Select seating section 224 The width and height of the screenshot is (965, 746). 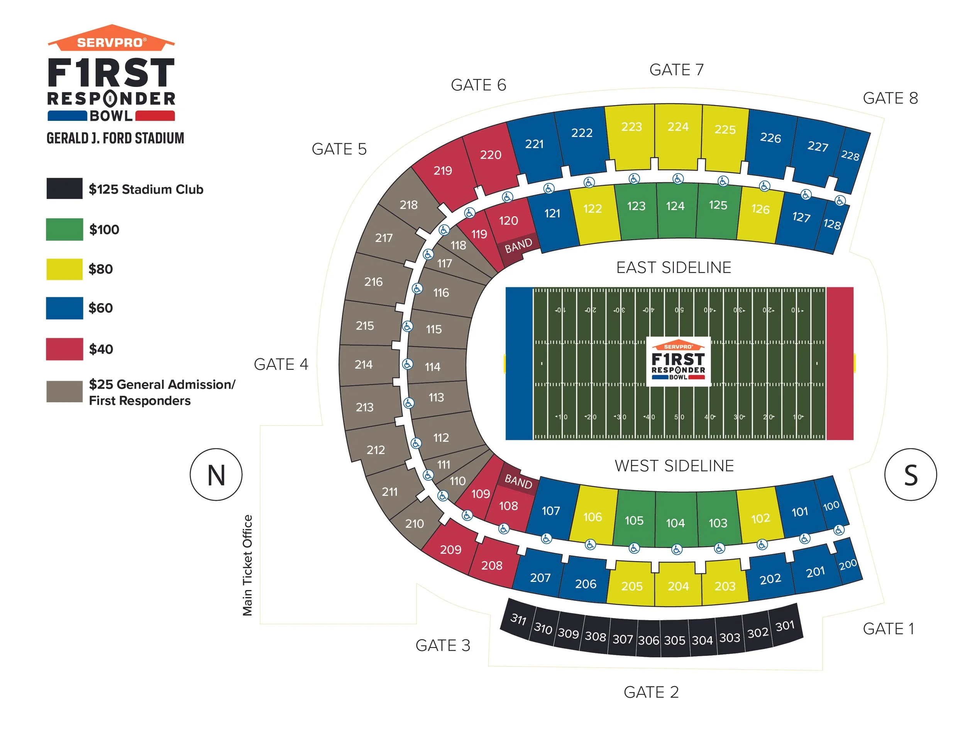(678, 132)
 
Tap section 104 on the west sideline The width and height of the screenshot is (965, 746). (675, 520)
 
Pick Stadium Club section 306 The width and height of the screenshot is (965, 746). (648, 639)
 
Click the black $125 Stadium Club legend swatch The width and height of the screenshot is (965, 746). (64, 189)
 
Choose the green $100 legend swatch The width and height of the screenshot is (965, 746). (64, 229)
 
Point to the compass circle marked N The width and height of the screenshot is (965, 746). (216, 475)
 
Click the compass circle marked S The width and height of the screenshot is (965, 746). (910, 475)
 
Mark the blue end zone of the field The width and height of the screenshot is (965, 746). (519, 363)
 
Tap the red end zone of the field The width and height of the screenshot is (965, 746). (840, 363)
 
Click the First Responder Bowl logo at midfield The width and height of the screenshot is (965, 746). (678, 361)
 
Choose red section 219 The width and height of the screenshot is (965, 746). (443, 172)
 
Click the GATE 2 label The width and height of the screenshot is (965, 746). (651, 692)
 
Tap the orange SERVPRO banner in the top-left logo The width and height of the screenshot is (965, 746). (111, 41)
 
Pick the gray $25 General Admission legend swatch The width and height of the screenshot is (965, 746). (64, 392)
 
